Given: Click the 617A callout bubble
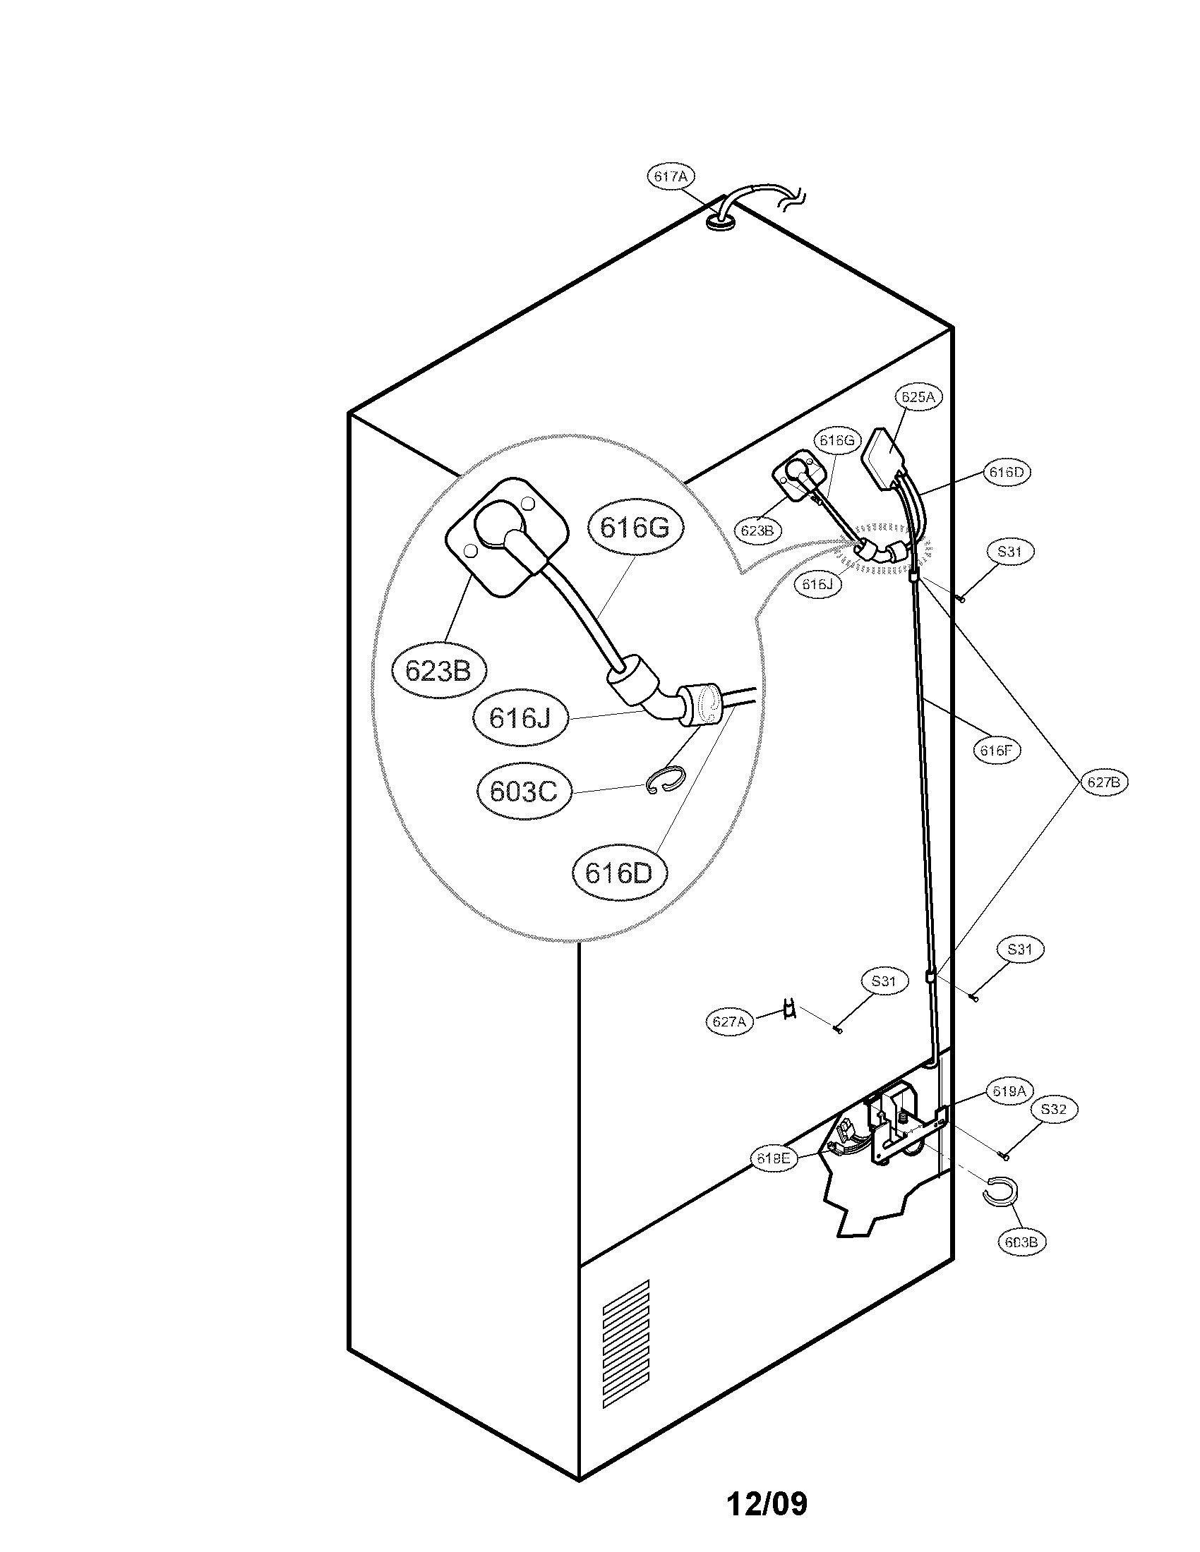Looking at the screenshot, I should coord(671,177).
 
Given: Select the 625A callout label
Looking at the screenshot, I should coord(918,396).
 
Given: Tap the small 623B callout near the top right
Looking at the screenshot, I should coord(757,530).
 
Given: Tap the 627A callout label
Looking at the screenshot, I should coord(729,1022).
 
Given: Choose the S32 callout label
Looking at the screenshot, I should coord(1054,1109).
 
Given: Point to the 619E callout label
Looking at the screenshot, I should coord(774,1158).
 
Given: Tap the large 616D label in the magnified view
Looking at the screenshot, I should coord(618,873).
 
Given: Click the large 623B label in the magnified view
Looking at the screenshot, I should coord(438,669).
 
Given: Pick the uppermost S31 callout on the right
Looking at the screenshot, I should coord(1009,552).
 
